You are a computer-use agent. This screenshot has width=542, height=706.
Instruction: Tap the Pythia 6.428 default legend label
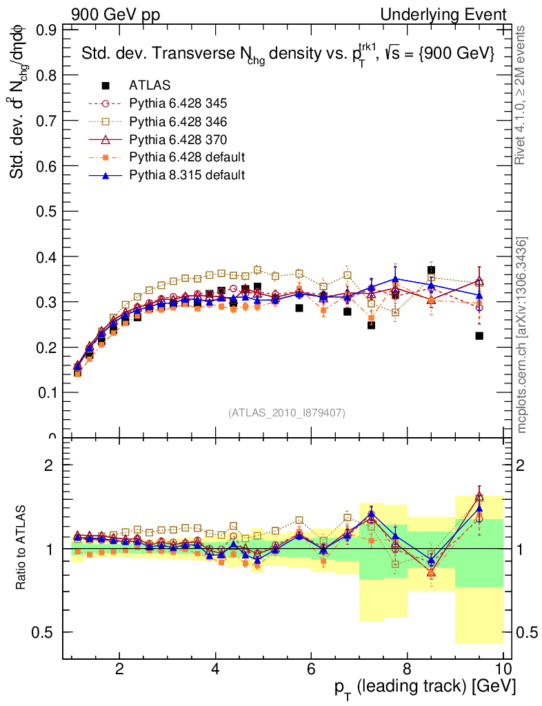(x=187, y=157)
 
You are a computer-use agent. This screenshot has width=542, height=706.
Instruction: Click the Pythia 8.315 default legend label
(x=187, y=175)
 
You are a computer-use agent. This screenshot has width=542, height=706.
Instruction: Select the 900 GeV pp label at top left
(x=114, y=14)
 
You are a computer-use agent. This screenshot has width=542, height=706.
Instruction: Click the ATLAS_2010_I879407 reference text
(x=287, y=412)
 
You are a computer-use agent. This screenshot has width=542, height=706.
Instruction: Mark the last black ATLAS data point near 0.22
(x=479, y=336)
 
